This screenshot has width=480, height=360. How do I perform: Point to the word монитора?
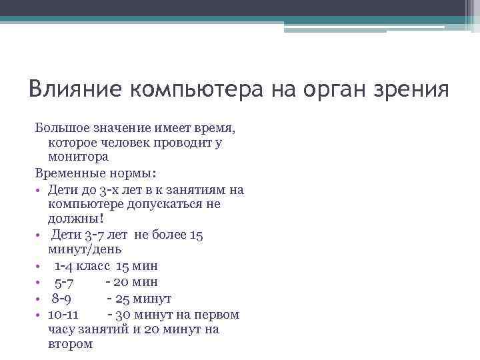coord(79,157)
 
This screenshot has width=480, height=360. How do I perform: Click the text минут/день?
coord(85,249)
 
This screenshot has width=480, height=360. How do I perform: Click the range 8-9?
coord(67,298)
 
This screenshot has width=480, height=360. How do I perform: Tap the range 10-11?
coord(64,314)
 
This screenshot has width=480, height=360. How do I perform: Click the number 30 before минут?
coord(123,314)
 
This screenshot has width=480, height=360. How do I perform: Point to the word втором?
coord(71,344)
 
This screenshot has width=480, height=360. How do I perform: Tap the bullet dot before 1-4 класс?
coord(39,266)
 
